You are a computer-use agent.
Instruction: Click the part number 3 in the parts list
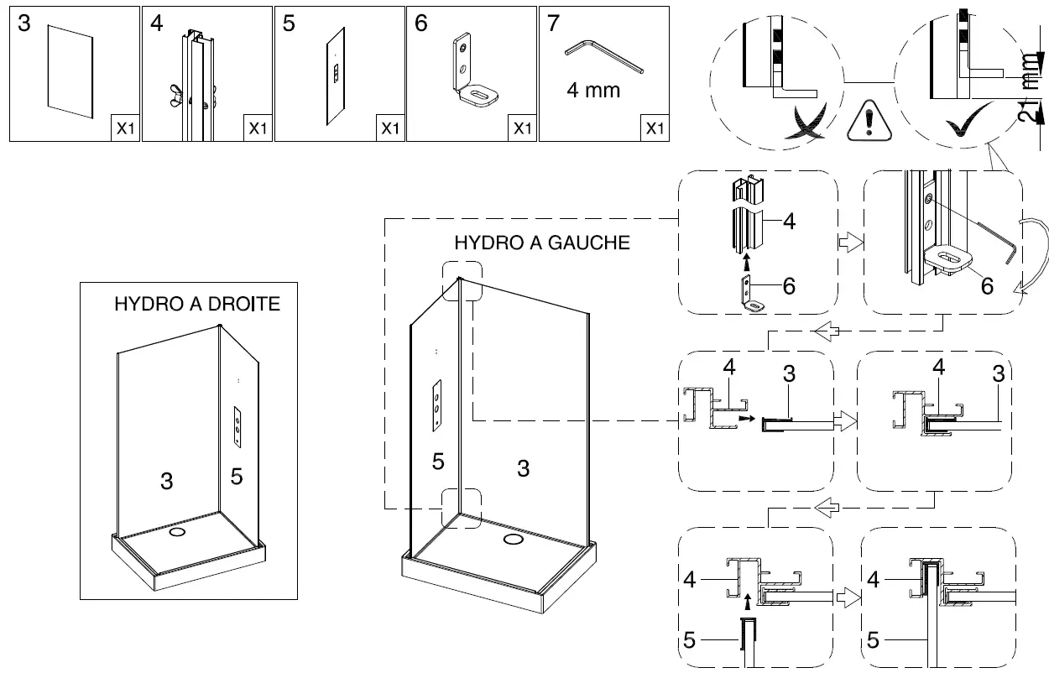23,23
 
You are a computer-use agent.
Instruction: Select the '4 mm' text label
592,90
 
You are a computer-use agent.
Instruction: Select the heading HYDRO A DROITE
197,304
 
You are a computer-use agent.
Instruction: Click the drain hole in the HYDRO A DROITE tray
177,532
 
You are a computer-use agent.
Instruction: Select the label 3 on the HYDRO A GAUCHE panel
523,468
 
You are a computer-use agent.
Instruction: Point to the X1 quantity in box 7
655,128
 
